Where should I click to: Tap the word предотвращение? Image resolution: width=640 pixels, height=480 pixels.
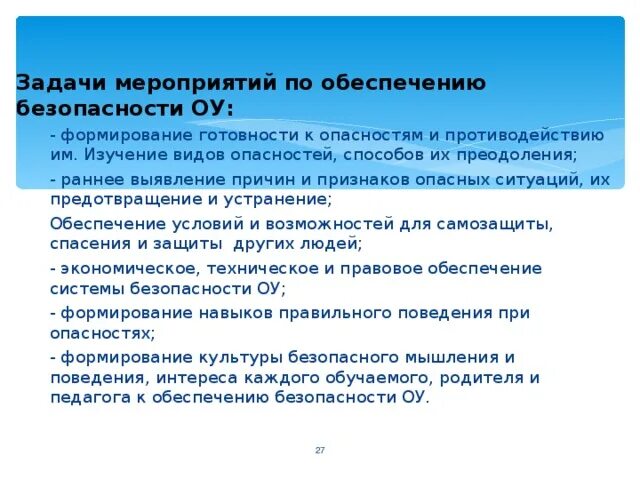point(112,199)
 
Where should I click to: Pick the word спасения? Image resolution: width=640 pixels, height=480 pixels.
point(86,243)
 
